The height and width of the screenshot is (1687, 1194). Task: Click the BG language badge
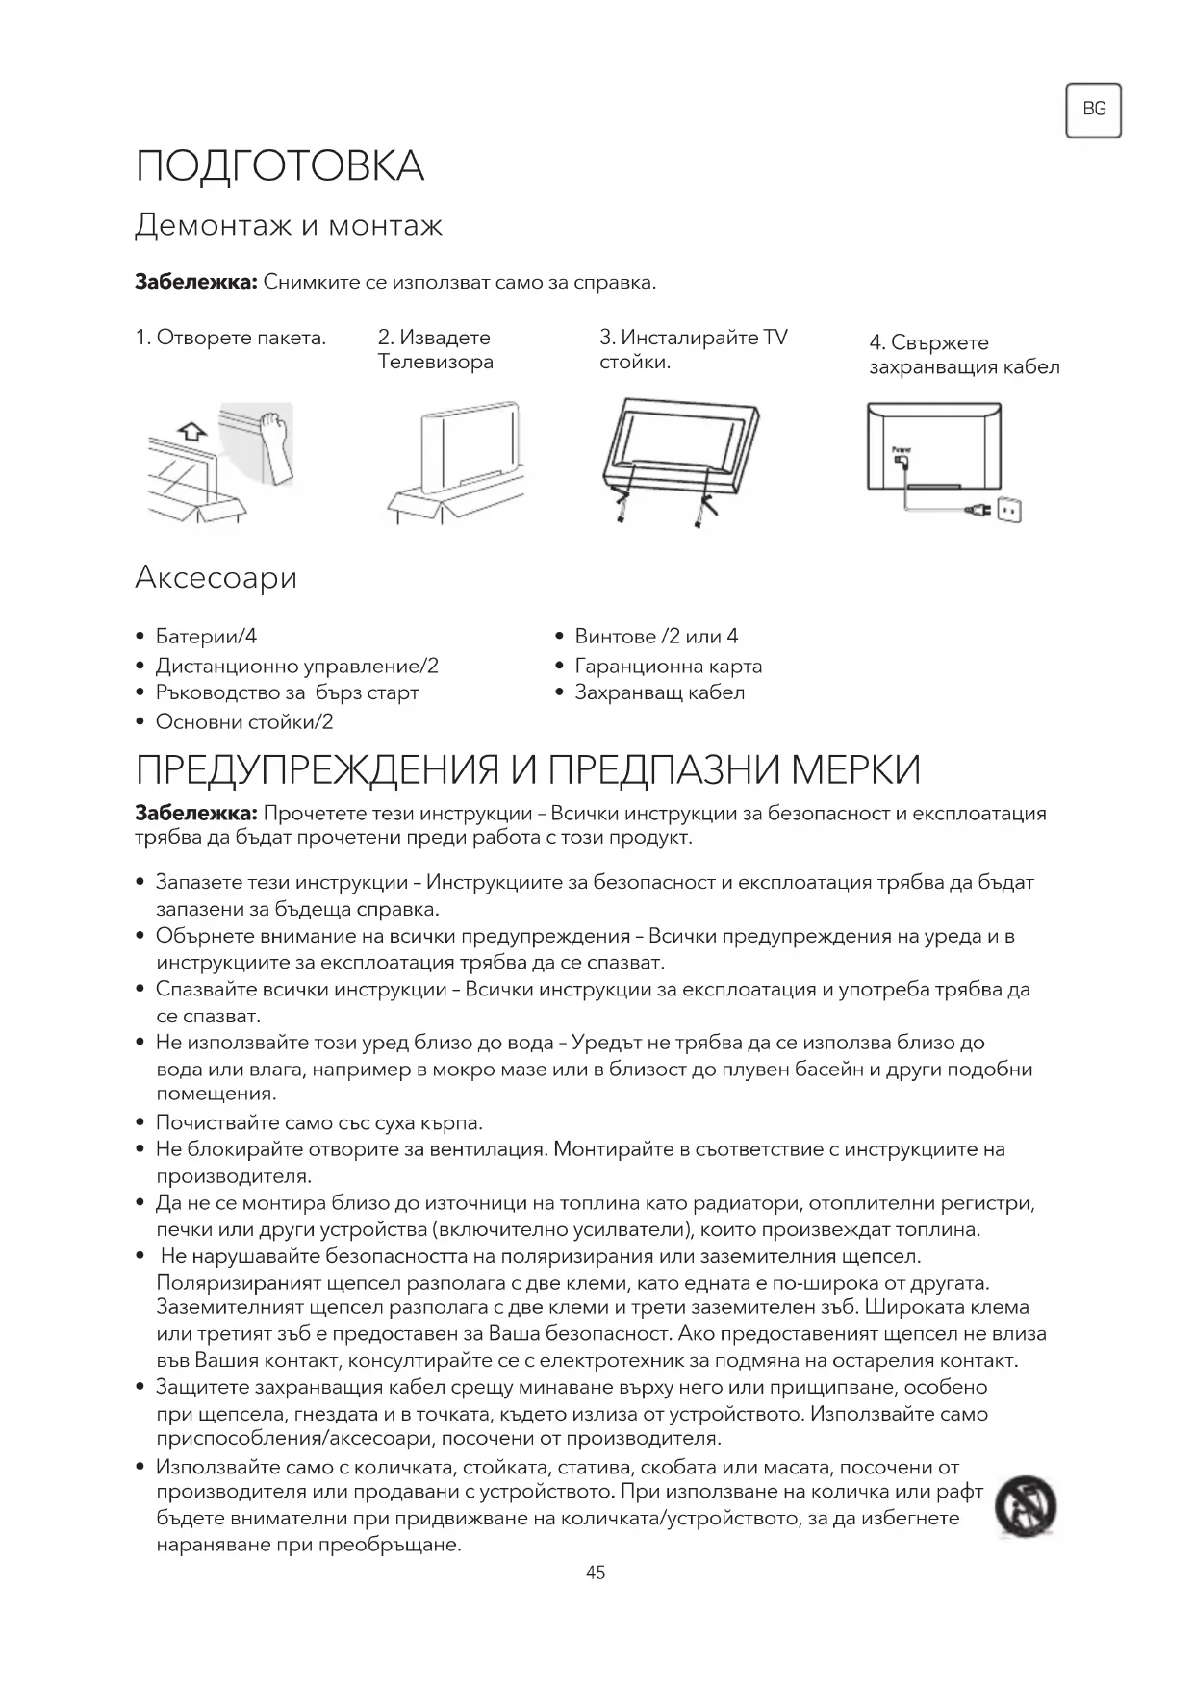pos(1093,110)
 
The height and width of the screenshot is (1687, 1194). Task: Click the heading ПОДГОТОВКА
pos(280,166)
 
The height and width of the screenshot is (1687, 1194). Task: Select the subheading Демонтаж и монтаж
pos(289,226)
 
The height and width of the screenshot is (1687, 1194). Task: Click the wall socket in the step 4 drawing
pos(1008,509)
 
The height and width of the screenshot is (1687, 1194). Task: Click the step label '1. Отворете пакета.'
pos(231,338)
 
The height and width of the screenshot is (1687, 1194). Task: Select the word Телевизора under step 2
pos(436,363)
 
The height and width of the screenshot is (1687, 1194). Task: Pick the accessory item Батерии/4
pos(206,637)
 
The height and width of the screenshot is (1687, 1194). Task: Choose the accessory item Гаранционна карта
pos(668,666)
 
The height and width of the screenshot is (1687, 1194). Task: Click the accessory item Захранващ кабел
pos(659,692)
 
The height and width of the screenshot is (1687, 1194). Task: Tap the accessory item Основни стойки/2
pos(244,721)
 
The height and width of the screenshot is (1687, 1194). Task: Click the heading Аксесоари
pos(216,577)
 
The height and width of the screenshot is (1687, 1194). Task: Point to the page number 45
pos(596,1573)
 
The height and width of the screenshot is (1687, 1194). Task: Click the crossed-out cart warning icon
pos(1026,1505)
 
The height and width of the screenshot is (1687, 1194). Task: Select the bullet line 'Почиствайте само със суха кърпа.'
pos(319,1122)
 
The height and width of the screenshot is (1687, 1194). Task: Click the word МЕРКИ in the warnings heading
pos(855,770)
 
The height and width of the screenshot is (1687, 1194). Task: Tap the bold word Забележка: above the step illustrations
pos(195,283)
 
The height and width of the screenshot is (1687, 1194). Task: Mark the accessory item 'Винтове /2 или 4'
pos(656,637)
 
